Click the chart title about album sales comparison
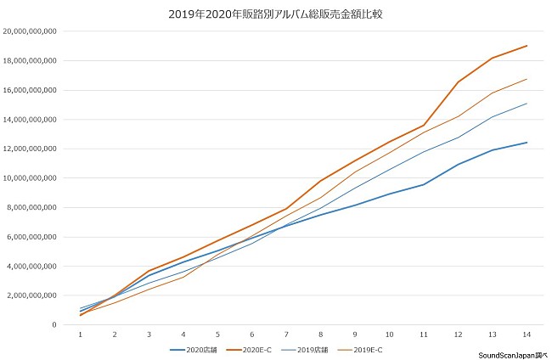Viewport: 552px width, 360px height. [x=276, y=14]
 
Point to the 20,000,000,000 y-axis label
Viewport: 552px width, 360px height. [x=30, y=31]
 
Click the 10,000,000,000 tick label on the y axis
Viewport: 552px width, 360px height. [x=30, y=178]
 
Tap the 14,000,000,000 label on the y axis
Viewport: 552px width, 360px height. [x=30, y=120]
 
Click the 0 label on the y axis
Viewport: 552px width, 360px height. [x=54, y=325]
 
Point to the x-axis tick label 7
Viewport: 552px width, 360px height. [x=286, y=335]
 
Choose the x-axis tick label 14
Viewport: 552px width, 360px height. [x=527, y=335]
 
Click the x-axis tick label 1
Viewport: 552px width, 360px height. [x=81, y=335]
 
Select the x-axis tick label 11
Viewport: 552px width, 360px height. [x=424, y=335]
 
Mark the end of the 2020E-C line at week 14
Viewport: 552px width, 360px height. [x=527, y=46]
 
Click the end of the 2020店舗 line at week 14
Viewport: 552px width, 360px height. [x=527, y=143]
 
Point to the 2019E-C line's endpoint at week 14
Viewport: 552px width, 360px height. [x=527, y=79]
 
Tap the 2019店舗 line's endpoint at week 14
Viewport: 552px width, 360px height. [x=527, y=104]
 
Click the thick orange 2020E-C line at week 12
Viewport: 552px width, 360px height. [x=458, y=82]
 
